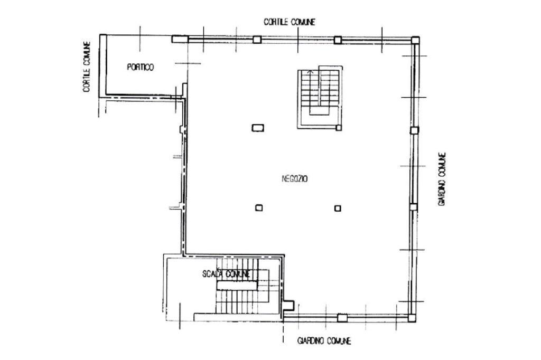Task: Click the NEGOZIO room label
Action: [295, 178]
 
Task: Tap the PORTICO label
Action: [141, 67]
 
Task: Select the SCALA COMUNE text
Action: [226, 274]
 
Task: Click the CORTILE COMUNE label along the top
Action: [289, 22]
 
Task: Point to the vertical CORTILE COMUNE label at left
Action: [87, 67]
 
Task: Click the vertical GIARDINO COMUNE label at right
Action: [442, 179]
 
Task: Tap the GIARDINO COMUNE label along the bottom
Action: [324, 341]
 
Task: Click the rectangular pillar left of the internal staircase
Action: [258, 128]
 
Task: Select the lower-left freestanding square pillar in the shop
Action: [259, 207]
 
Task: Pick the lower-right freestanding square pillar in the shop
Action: [338, 209]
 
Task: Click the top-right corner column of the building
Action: [415, 40]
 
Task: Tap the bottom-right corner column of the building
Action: [412, 318]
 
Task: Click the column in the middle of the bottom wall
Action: [342, 318]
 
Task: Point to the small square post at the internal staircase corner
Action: [339, 128]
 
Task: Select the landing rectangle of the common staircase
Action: [237, 285]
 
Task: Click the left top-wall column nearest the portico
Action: [257, 40]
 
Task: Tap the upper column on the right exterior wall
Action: [414, 130]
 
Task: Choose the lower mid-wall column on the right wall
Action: [413, 207]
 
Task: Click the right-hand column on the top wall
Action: [338, 40]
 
